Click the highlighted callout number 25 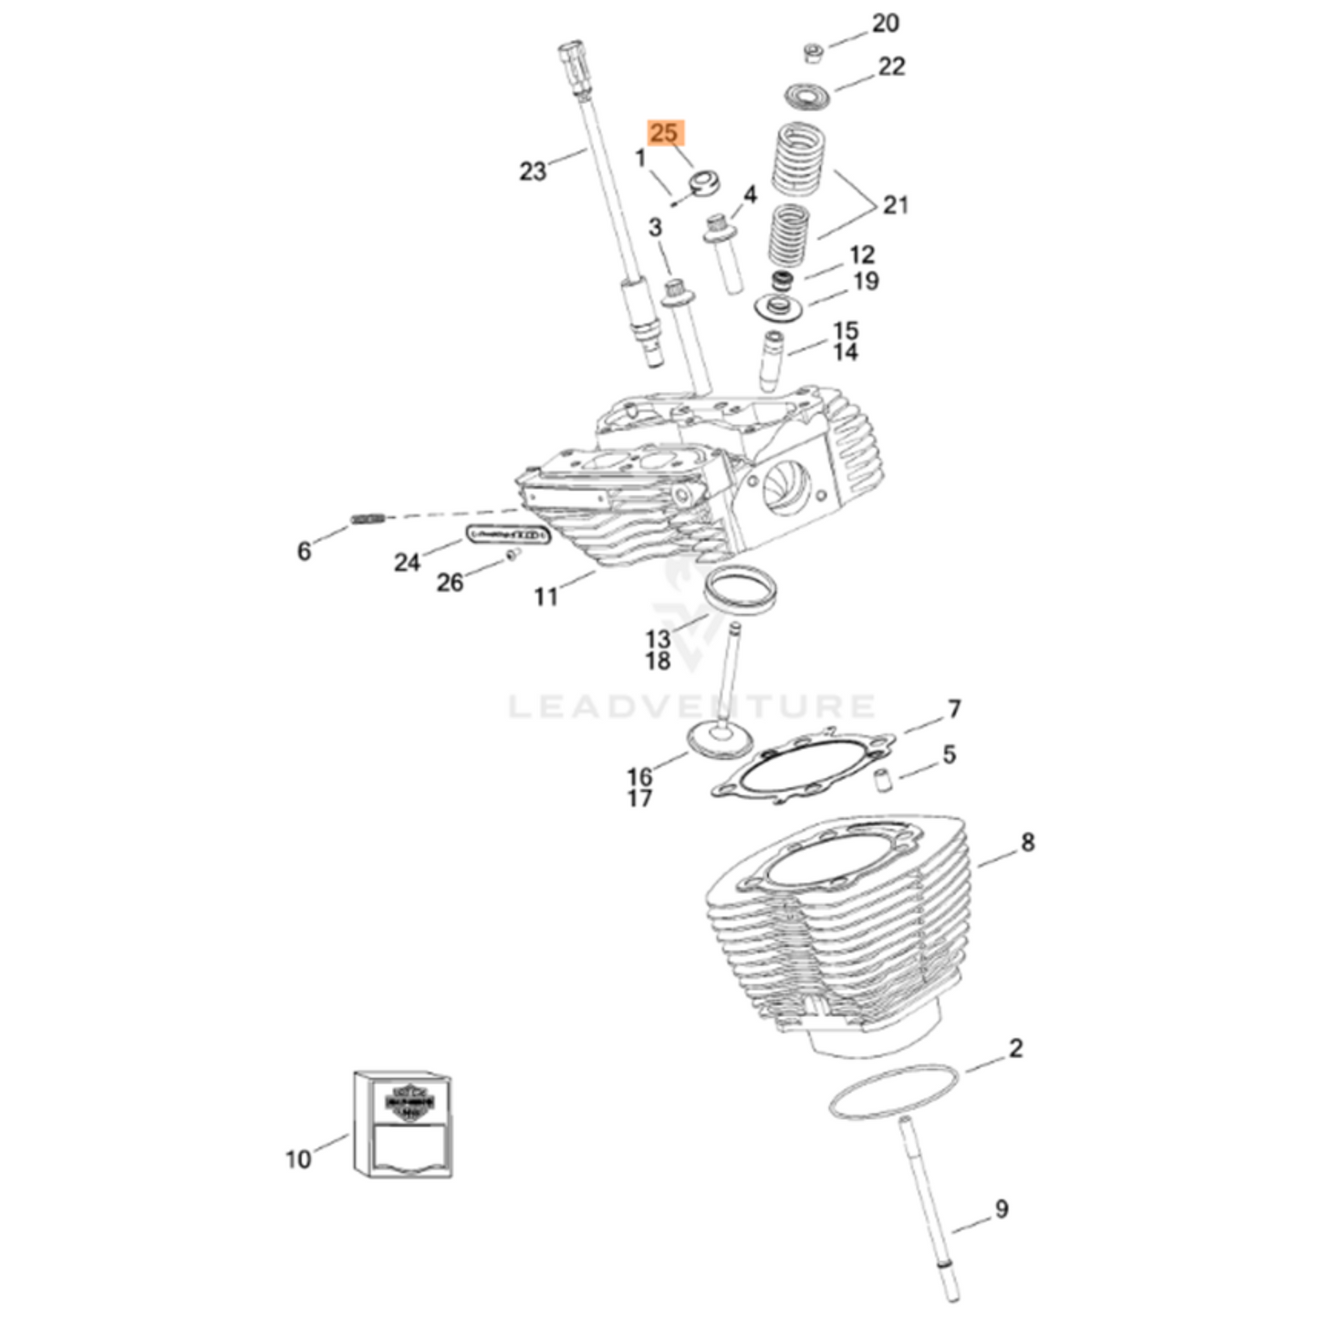(664, 133)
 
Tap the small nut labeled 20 (810, 53)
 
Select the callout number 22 (890, 66)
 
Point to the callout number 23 (533, 171)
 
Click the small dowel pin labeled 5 (882, 779)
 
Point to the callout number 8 (1028, 842)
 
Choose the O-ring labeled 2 (894, 1091)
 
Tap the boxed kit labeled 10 (403, 1124)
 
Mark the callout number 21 (895, 204)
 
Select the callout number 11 (545, 597)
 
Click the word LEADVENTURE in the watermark (691, 706)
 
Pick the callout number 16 (639, 776)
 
